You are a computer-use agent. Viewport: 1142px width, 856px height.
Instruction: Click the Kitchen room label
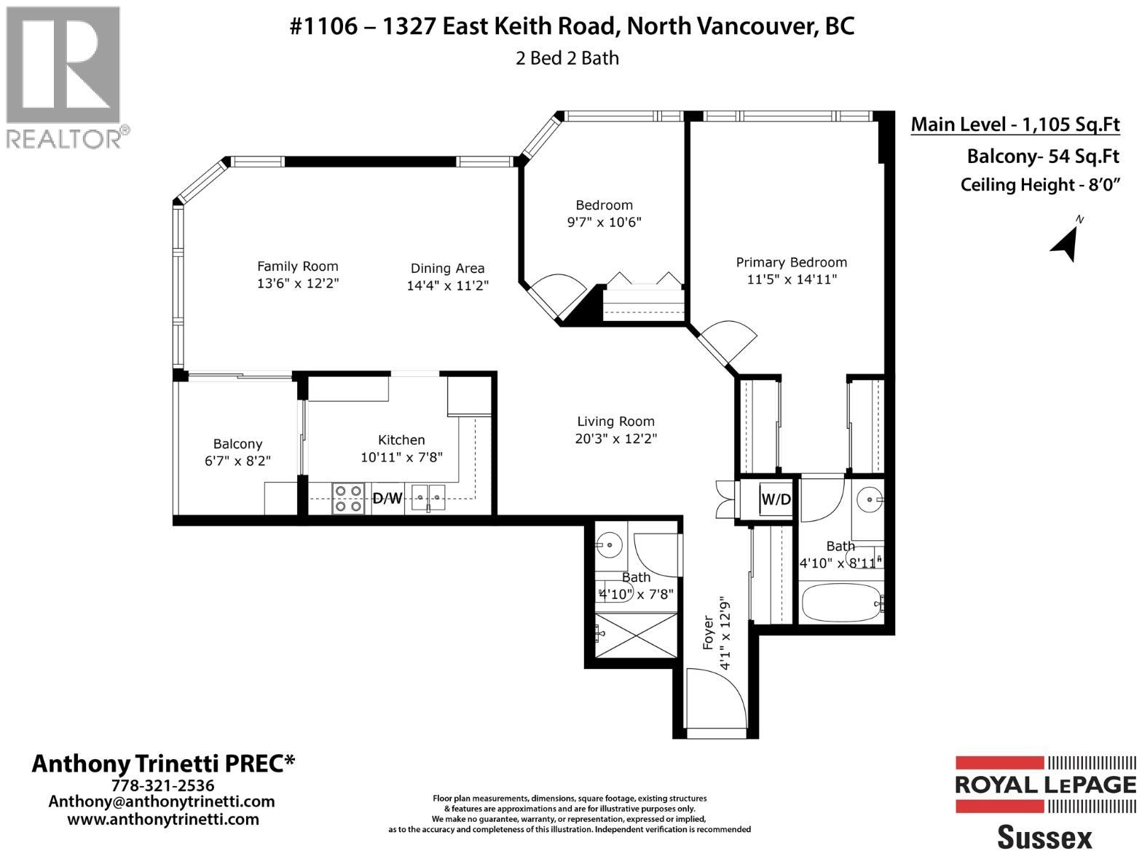pos(401,440)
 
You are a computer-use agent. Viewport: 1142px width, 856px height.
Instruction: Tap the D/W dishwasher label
pos(387,499)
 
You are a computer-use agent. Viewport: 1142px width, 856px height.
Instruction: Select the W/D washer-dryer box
pos(775,499)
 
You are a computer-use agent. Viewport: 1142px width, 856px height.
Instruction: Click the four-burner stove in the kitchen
pos(348,499)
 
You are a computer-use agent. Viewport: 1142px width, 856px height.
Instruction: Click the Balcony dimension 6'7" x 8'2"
pos(237,461)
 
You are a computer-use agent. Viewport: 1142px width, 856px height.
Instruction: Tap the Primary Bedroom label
pos(791,263)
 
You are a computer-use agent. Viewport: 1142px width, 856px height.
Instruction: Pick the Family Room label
pos(297,266)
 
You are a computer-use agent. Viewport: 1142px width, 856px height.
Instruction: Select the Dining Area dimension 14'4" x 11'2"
pos(447,286)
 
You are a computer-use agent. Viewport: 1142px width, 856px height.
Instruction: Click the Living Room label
pos(615,421)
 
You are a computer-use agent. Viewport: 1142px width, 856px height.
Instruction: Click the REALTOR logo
pos(65,76)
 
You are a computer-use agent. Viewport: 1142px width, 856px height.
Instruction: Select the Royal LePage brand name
pos(1045,785)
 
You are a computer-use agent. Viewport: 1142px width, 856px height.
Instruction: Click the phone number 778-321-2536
pos(162,786)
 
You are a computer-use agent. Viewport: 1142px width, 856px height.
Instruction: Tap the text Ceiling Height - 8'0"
pos(1039,185)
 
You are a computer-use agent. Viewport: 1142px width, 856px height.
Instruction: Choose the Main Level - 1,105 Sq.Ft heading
pos(1015,125)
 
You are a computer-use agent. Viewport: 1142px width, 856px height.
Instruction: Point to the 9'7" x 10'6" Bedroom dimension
pos(604,222)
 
